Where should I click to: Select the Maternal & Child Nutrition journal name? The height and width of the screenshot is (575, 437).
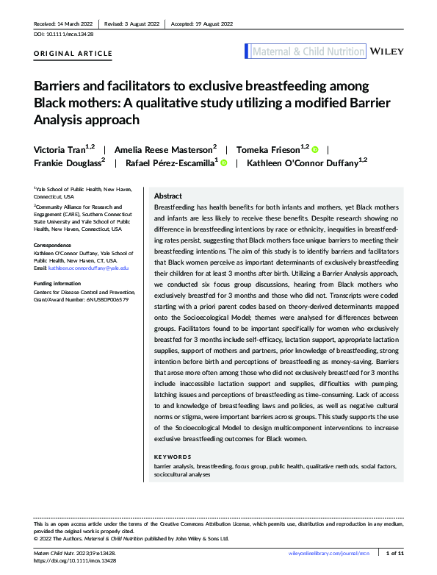pyautogui.click(x=308, y=51)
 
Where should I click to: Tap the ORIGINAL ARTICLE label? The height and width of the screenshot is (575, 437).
pyautogui.click(x=73, y=54)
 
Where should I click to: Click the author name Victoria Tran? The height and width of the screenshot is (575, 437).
pyautogui.click(x=64, y=149)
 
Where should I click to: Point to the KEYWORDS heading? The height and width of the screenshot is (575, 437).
pyautogui.click(x=173, y=457)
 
